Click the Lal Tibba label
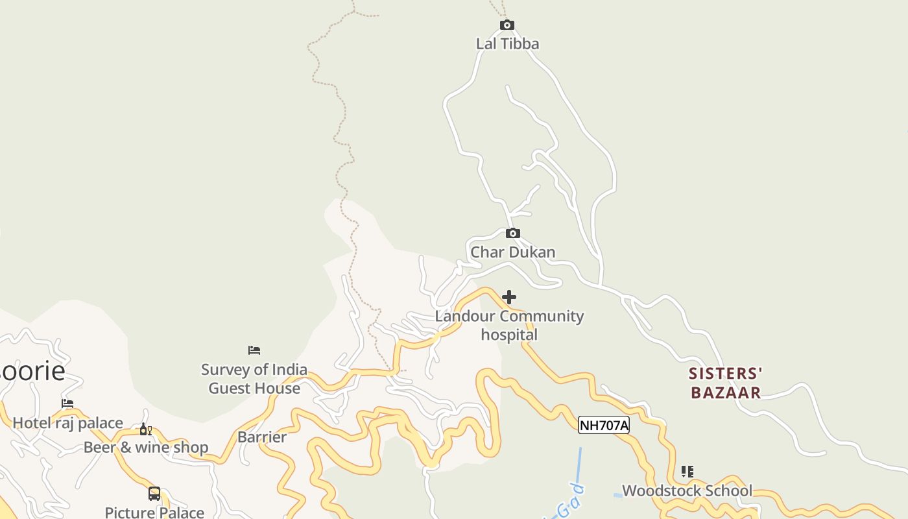[x=507, y=43]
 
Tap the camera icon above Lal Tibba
[x=507, y=25]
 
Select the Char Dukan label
[x=512, y=252]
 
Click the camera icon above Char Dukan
[x=512, y=234]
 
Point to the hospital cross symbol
[x=509, y=297]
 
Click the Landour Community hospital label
[x=509, y=325]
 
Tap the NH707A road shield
[x=604, y=426]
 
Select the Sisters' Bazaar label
[x=725, y=383]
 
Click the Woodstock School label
[x=687, y=490]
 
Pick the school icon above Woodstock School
[x=687, y=472]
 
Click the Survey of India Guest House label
[x=254, y=379]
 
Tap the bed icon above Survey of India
[x=254, y=350]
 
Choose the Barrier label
[x=262, y=437]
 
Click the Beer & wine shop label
[x=146, y=447]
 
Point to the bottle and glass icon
[x=146, y=429]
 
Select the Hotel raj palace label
[x=68, y=423]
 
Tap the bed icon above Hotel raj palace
[x=67, y=404]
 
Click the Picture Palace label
[x=154, y=512]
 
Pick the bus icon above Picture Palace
[x=154, y=494]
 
